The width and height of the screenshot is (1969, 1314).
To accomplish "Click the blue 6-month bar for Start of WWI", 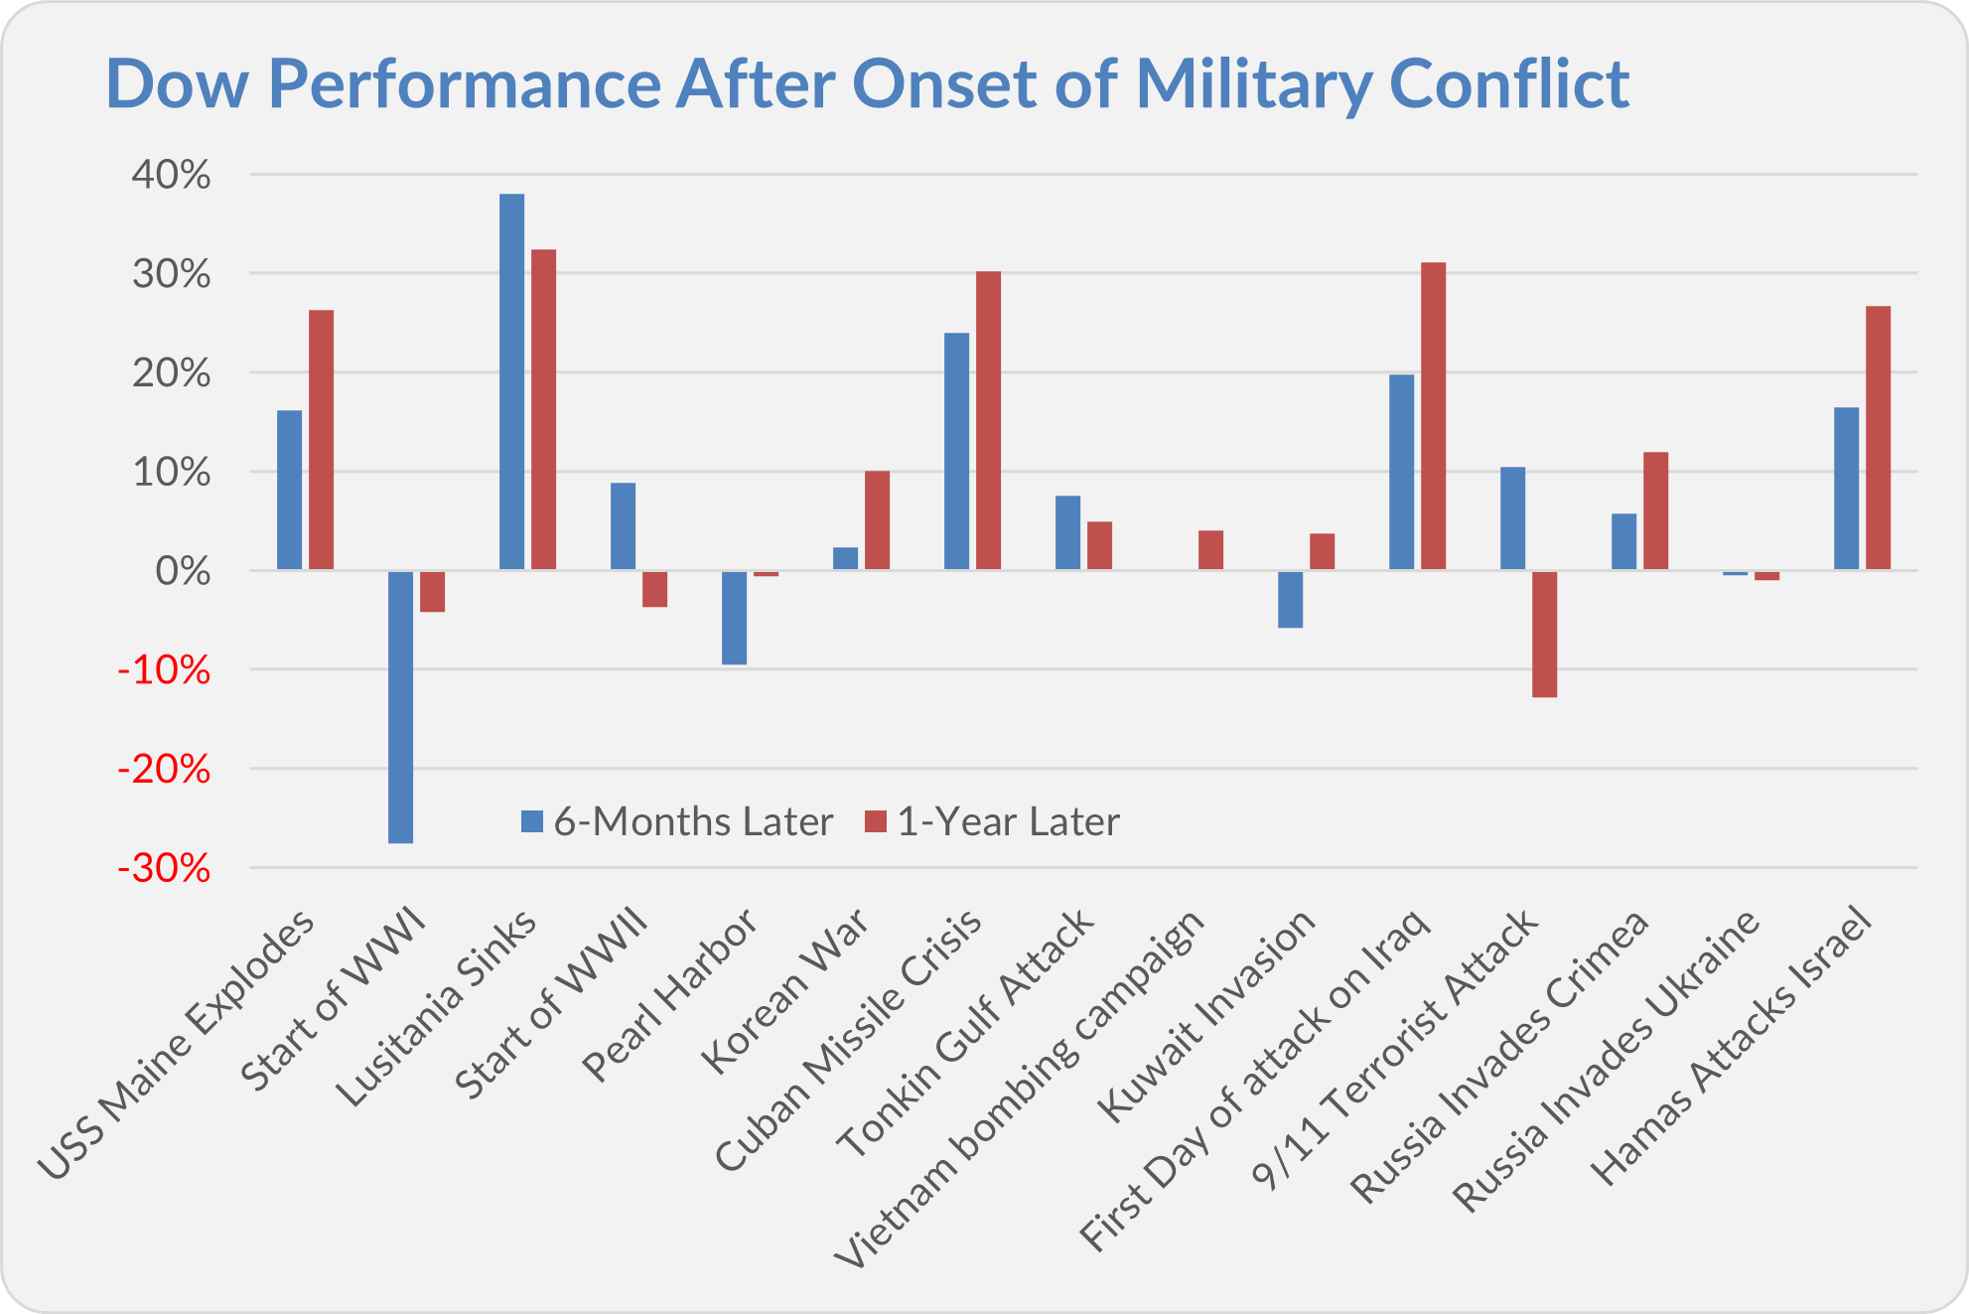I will pos(401,706).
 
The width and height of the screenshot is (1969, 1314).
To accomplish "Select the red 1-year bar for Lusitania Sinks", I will pos(544,409).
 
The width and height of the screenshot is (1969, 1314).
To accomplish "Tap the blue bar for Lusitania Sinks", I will pos(512,381).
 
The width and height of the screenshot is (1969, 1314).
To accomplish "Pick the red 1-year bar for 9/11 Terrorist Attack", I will pos(1545,634).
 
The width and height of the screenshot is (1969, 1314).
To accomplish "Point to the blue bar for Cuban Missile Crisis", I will pos(957,451).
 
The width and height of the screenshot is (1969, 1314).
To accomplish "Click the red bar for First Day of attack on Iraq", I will pos(1434,416).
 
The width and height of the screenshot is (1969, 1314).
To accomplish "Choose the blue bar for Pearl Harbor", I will pos(735,617).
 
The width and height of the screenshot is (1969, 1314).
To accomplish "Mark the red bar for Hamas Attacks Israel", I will pos(1879,438).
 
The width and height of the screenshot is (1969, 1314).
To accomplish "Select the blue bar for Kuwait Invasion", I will pos(1291,599).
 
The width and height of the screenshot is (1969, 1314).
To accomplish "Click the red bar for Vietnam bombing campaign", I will pos(1211,550).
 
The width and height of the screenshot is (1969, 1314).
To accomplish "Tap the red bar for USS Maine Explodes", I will pos(322,440).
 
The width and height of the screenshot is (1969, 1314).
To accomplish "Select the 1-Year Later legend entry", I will pos(993,822).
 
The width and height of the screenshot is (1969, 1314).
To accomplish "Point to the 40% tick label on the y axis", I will pos(172,176).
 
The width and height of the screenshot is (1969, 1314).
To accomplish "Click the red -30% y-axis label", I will pos(165,869).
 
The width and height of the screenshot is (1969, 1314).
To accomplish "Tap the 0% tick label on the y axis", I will pos(184,572).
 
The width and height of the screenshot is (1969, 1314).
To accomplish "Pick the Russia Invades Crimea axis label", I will pos(1501,1057).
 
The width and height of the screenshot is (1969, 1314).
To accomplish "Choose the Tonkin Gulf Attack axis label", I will pos(966,1033).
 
